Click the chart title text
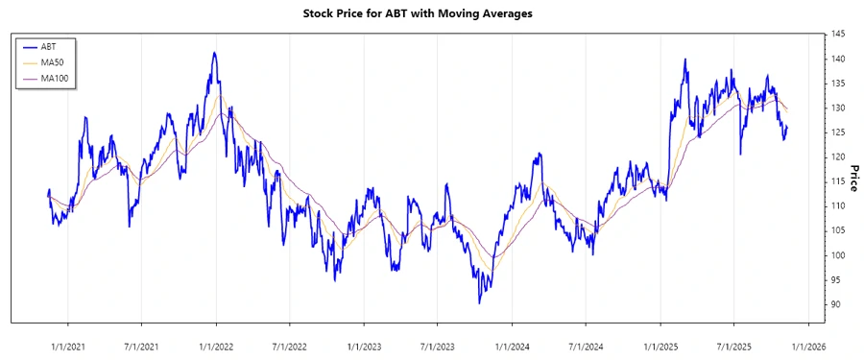[431, 13]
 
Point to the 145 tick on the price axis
[839, 35]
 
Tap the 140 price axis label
[839, 59]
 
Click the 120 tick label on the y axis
[839, 157]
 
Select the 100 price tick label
[839, 255]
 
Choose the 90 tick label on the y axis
[837, 304]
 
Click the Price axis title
[852, 180]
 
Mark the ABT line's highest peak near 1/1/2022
[214, 53]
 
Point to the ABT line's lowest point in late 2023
[479, 302]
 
